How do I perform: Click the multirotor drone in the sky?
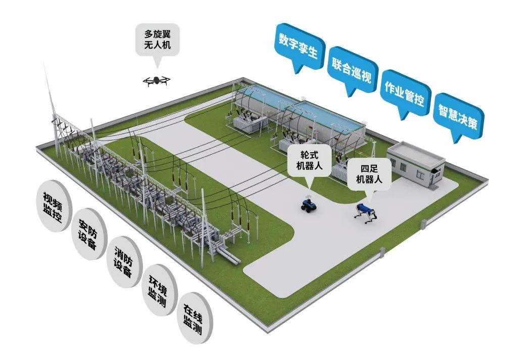pos(157,80)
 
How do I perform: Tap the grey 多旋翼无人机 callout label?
pos(157,41)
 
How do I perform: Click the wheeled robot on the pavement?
pos(307,204)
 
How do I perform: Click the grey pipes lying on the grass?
pos(229,257)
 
